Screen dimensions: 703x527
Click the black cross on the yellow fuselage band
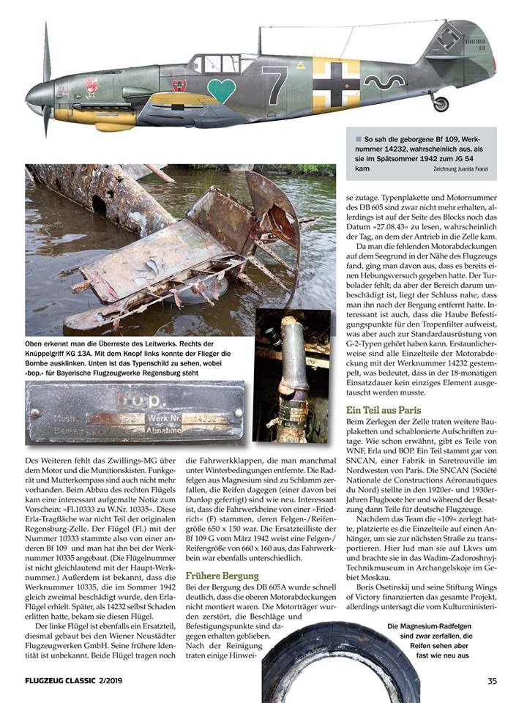[x=336, y=84]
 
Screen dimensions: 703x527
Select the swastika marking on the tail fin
[x=448, y=37]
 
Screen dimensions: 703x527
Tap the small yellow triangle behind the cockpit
[x=301, y=66]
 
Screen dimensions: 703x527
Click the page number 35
[x=493, y=682]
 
